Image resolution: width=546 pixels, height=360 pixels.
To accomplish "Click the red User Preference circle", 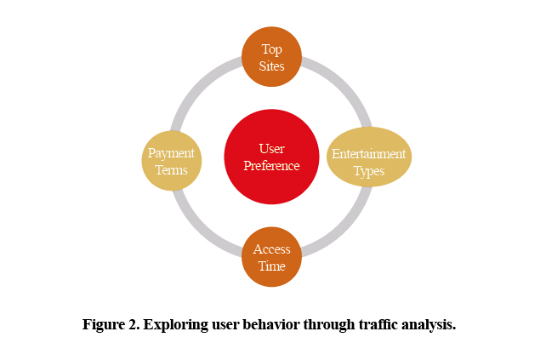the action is [x=271, y=157].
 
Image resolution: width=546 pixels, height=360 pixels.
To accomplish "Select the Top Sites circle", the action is [x=271, y=56].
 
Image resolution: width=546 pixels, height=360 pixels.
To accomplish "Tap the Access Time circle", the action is [x=271, y=257].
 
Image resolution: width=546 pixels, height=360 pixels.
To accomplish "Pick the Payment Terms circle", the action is [x=172, y=161].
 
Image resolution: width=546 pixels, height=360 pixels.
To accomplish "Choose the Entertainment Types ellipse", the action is [x=369, y=157].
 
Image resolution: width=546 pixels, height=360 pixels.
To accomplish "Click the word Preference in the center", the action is [x=271, y=166].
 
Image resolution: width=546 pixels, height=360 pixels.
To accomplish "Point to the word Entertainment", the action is [x=369, y=154].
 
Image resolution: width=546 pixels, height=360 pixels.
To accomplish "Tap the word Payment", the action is [x=171, y=153].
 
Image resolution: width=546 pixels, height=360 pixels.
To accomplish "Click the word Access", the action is [x=271, y=249].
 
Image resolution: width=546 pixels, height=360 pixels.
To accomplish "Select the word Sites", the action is [x=271, y=66].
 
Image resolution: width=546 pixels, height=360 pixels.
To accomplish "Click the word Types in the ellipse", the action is [x=369, y=171].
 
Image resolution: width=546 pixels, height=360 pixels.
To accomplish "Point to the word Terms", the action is [x=171, y=170].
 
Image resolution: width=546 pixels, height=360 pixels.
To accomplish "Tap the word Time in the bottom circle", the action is [x=271, y=266].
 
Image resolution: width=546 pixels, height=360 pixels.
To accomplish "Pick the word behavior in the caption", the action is [x=271, y=324].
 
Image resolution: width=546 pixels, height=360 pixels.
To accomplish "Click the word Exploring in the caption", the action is [x=176, y=325].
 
